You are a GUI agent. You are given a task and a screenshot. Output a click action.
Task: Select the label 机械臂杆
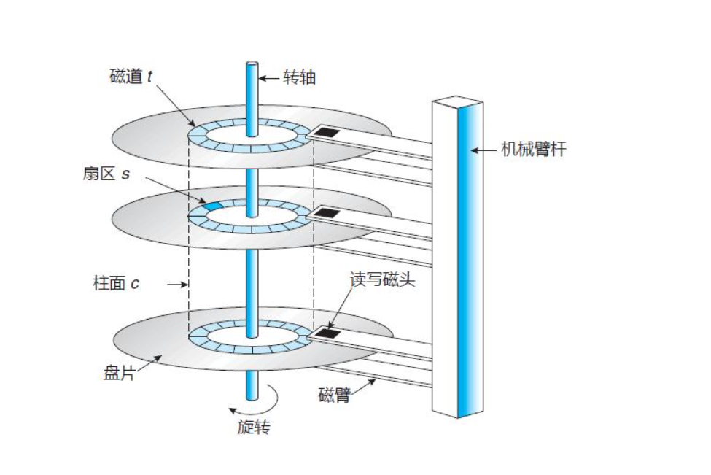pyautogui.click(x=533, y=150)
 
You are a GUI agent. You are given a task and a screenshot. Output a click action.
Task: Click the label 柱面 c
pyautogui.click(x=116, y=283)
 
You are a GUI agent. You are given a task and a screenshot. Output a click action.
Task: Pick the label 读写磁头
pyautogui.click(x=382, y=280)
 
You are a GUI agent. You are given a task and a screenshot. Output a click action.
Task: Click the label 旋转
pyautogui.click(x=255, y=428)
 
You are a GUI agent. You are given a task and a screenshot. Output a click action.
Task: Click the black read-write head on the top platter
pyautogui.click(x=327, y=132)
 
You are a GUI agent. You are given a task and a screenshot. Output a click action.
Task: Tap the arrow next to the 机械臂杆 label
pyautogui.click(x=481, y=150)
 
